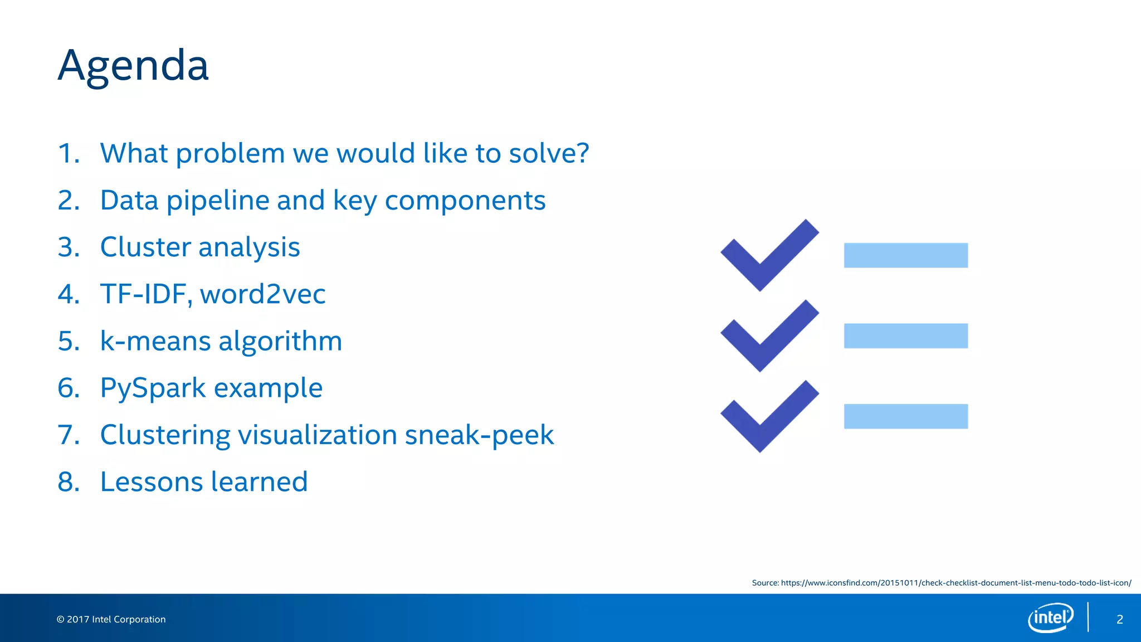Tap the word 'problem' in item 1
pos(231,154)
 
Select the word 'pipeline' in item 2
pos(218,201)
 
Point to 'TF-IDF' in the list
pos(144,294)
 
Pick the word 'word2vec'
pos(262,294)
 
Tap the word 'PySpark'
pos(153,388)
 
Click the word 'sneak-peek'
pos(479,435)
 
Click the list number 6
pos(69,388)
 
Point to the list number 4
pos(69,294)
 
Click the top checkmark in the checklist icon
pos(769,256)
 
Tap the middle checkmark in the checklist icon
pos(769,336)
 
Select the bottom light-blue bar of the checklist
pos(905,416)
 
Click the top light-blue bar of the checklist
pos(905,255)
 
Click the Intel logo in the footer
pos(1050,617)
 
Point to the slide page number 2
pos(1119,619)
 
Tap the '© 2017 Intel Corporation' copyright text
pos(111,619)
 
